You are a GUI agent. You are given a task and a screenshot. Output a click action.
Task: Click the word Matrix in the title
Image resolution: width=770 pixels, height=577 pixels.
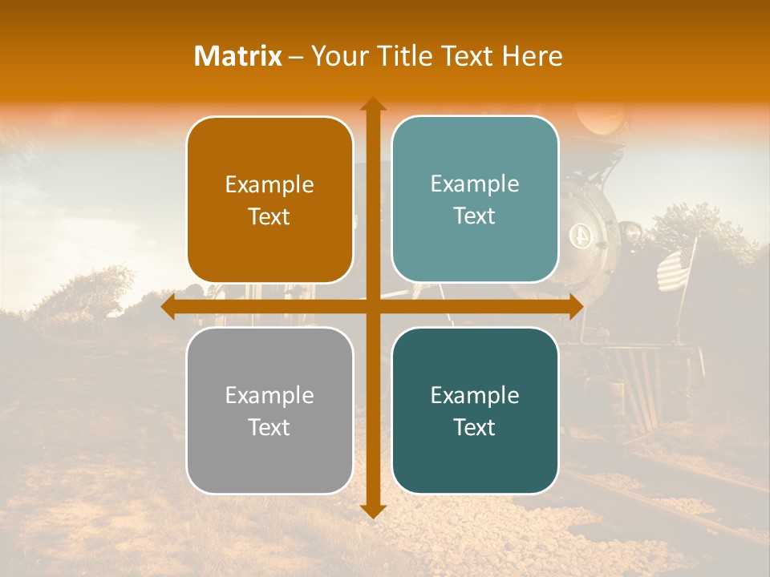[238, 56]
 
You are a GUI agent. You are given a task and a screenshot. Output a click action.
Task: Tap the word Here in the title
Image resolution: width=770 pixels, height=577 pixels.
[532, 56]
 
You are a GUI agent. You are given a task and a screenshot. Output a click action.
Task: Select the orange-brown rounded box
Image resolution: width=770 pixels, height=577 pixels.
[269, 200]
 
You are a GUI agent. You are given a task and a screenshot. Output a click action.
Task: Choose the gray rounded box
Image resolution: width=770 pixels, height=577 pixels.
[269, 410]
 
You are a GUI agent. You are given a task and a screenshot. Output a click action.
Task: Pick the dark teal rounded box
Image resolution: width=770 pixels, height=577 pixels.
[475, 410]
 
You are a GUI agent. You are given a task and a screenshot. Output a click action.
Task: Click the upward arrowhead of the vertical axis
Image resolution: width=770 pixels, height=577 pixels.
[372, 104]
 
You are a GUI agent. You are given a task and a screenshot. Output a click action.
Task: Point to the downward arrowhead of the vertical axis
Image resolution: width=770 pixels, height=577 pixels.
[372, 510]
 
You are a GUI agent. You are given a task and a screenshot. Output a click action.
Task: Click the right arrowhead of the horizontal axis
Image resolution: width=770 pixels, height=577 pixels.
[575, 307]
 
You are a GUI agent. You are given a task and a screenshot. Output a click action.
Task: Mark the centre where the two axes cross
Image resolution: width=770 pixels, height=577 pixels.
[372, 307]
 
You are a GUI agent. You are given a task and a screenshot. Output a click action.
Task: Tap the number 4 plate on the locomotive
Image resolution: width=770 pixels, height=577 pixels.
[578, 236]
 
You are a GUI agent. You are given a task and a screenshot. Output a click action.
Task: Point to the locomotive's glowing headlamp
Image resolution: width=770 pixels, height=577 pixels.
[602, 120]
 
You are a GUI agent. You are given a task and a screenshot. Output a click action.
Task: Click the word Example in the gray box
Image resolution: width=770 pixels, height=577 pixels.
[269, 395]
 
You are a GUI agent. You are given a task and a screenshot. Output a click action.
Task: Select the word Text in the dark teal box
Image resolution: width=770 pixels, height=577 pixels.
[475, 427]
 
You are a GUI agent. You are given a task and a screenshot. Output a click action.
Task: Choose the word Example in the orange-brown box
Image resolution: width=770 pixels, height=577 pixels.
[269, 184]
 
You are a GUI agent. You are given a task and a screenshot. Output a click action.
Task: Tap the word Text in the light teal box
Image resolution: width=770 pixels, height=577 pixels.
[475, 216]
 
